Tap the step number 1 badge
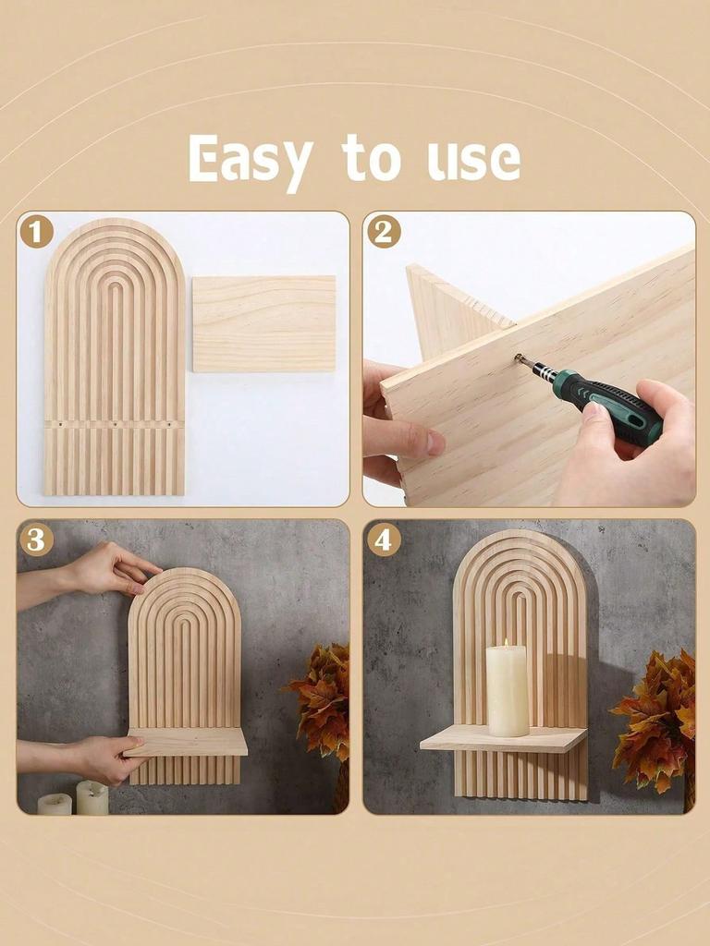[36, 231]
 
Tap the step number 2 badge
[384, 231]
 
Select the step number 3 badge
[36, 539]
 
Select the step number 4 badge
[384, 539]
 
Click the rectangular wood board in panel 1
[264, 323]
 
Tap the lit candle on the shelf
[508, 691]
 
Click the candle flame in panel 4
[507, 643]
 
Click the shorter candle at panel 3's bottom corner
[55, 804]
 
